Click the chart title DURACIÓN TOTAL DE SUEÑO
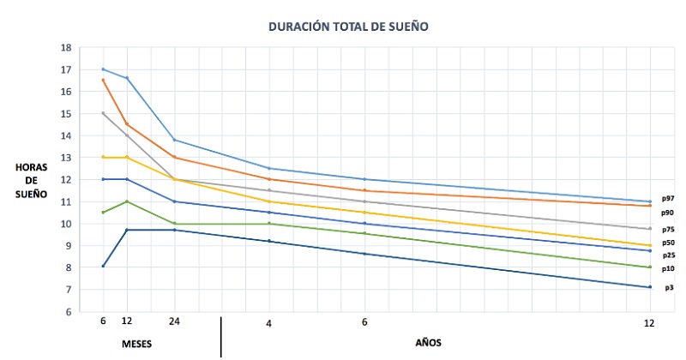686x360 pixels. click(x=347, y=27)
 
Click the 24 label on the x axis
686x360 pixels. click(x=174, y=323)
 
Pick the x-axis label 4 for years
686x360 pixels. click(x=269, y=323)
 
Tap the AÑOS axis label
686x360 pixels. click(x=429, y=342)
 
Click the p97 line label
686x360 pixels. click(x=666, y=198)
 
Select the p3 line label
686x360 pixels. click(x=666, y=287)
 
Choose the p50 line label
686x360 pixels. click(x=666, y=243)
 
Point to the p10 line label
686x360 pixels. click(x=666, y=268)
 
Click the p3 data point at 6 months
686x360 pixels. click(x=103, y=266)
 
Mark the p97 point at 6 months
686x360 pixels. click(x=103, y=69)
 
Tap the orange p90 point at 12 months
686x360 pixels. click(x=127, y=124)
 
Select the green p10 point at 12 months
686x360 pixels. click(x=127, y=201)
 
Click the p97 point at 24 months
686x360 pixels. click(x=174, y=140)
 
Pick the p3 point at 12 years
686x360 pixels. click(x=650, y=287)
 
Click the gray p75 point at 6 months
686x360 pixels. click(x=103, y=113)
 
